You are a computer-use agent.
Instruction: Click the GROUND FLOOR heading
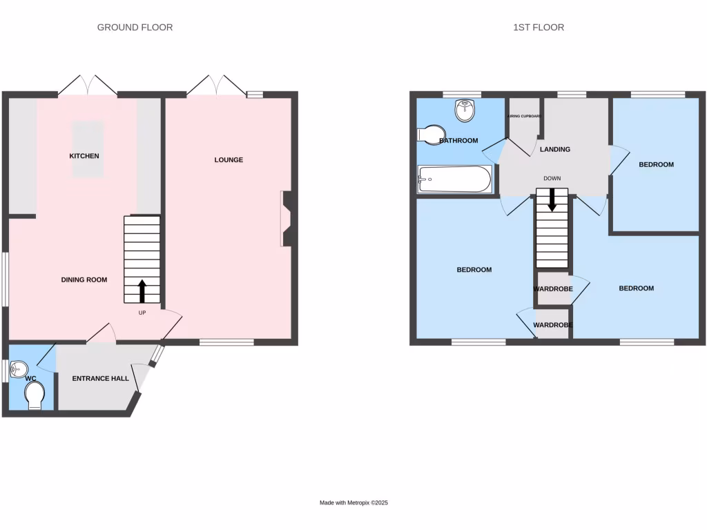[135, 28]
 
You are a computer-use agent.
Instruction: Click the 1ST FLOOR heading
[538, 28]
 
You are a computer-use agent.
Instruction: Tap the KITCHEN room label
[84, 156]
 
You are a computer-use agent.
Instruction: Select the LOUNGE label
[229, 160]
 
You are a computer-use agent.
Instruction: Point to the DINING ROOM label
[84, 279]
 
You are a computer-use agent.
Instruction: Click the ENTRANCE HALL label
[101, 378]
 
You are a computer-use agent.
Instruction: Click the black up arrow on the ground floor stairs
[142, 291]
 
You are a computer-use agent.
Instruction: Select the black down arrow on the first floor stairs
[552, 201]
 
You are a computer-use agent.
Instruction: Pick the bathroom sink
[466, 110]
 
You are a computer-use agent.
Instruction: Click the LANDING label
[555, 149]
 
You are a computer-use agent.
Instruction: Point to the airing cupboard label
[525, 117]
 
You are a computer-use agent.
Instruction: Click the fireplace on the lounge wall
[288, 218]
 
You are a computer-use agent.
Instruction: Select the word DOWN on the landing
[552, 179]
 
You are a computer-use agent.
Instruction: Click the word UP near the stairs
[143, 313]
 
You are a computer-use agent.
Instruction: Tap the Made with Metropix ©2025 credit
[353, 503]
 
